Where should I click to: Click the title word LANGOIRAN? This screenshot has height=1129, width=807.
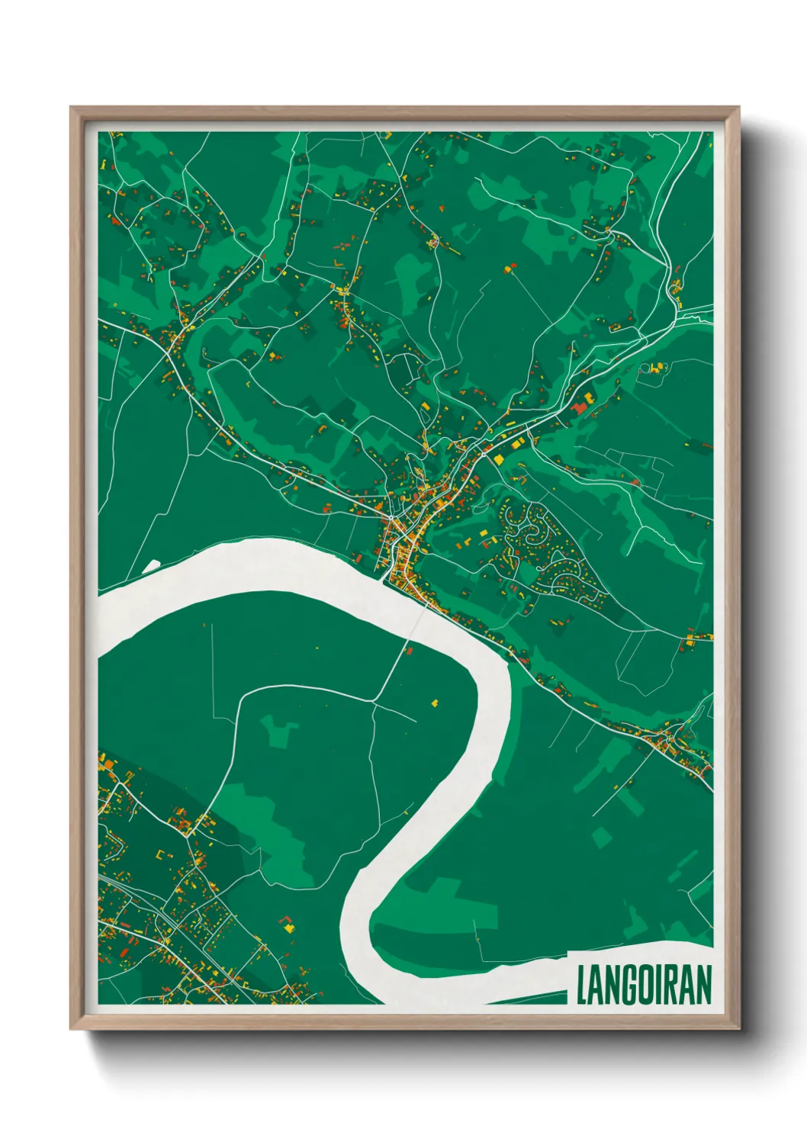(x=644, y=986)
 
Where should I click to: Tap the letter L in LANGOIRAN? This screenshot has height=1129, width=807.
(x=581, y=986)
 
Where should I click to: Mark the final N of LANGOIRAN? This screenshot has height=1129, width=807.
(x=703, y=986)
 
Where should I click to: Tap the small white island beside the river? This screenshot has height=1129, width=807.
(x=152, y=565)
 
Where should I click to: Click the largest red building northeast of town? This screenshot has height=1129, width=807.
(x=578, y=409)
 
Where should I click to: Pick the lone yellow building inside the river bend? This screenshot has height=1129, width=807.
(x=436, y=703)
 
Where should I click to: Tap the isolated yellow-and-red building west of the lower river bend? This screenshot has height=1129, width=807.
(x=288, y=925)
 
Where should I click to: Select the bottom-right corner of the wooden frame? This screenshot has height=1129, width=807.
(x=738, y=1027)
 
